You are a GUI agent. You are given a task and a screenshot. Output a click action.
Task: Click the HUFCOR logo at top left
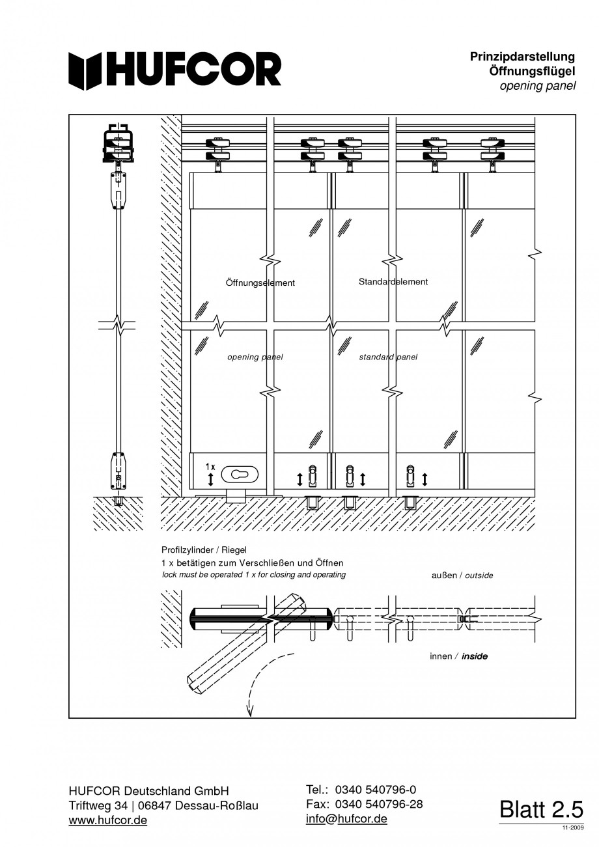tap(175, 70)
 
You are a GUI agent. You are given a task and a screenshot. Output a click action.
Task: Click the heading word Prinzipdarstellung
tap(522, 57)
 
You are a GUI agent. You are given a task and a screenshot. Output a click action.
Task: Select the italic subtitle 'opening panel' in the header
tap(537, 86)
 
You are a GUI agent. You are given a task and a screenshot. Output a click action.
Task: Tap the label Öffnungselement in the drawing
tap(260, 283)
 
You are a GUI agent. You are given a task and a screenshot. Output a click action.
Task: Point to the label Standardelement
tap(393, 282)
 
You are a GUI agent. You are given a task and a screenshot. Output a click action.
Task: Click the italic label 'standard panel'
tap(388, 357)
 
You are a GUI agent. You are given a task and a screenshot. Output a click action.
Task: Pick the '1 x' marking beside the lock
tap(210, 467)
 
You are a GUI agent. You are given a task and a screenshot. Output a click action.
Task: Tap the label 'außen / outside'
tap(462, 576)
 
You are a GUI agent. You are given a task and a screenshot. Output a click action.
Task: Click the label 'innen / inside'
tap(458, 656)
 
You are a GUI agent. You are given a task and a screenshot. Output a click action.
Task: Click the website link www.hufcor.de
tap(107, 820)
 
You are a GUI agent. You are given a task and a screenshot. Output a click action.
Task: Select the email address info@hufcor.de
tap(346, 819)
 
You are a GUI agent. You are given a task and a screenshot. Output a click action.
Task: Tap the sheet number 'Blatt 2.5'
tap(541, 809)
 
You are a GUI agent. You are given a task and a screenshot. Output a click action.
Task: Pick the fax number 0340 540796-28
tap(378, 804)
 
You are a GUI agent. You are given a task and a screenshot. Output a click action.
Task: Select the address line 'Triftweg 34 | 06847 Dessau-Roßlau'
tap(163, 806)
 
